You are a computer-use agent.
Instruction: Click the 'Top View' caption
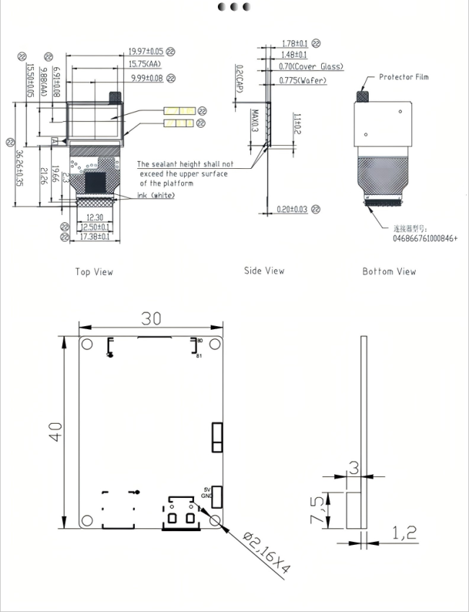pos(94,272)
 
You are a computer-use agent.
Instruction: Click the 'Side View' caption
pos(264,271)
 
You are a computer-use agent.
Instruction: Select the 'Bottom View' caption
pos(389,271)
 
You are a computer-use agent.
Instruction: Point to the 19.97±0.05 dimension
pos(146,52)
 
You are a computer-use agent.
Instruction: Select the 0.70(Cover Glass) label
pos(311,66)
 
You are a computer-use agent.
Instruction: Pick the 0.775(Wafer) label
pos(302,80)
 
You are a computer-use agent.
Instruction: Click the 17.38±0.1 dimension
pos(95,236)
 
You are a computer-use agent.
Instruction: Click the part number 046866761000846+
pos(425,237)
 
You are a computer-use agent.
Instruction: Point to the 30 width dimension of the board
pos(151,318)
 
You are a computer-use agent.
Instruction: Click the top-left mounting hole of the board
pos(87,344)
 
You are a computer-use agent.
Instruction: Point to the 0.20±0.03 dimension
pos(292,209)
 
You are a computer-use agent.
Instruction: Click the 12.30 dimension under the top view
pos(95,217)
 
